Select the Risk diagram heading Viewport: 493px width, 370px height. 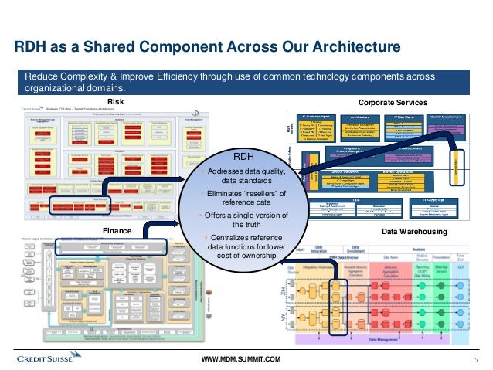click(x=115, y=101)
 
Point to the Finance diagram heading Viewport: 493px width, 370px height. click(x=117, y=230)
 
